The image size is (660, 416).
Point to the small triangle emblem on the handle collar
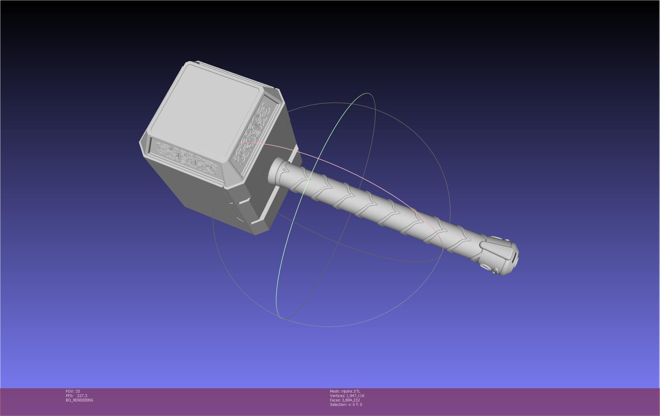(285, 170)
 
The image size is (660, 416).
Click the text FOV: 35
(73, 391)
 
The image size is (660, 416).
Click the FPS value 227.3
(82, 396)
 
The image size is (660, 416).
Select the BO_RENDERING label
(79, 400)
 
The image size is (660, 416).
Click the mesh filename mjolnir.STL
(350, 391)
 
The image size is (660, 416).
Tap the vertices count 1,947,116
(355, 396)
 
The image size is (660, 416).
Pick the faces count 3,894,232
(350, 400)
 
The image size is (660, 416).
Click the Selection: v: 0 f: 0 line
(346, 404)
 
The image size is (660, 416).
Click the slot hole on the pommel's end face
(514, 258)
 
